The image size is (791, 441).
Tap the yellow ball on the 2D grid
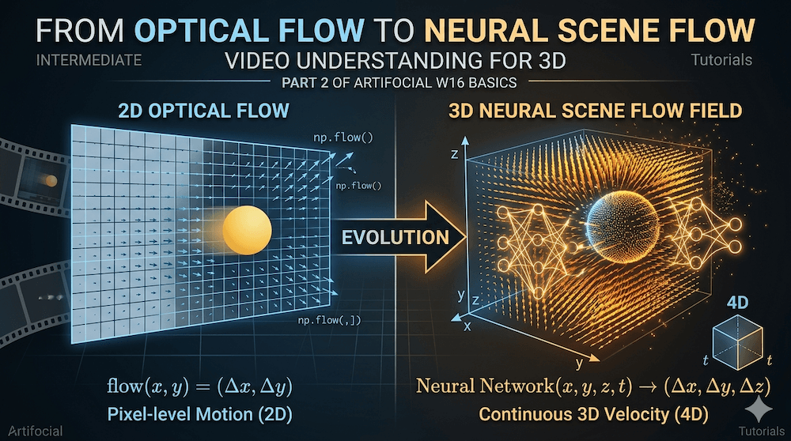tap(248, 230)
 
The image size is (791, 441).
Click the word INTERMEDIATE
tap(89, 59)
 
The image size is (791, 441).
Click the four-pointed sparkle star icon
tap(761, 409)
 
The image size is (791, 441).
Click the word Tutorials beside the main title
tap(721, 59)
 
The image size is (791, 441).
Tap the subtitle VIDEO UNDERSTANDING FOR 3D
tap(395, 59)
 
